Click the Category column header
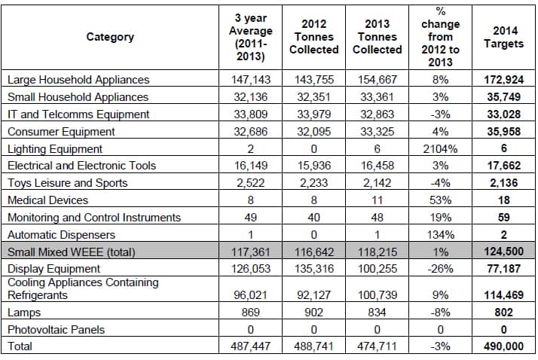110,37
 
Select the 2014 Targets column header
503,37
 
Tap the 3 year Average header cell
250,37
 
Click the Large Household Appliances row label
78,80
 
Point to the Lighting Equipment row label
55,149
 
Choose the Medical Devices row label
47,200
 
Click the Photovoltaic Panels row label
56,329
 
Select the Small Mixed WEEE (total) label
72,252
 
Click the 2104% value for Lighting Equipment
440,149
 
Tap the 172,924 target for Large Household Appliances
503,80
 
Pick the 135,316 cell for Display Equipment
314,269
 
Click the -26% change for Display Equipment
440,269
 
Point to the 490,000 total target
503,346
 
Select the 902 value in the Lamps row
314,313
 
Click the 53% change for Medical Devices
440,200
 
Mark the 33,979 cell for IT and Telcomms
314,114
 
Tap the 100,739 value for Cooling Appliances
377,295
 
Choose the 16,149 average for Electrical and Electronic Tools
250,166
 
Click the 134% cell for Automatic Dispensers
440,235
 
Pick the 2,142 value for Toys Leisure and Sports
377,183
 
